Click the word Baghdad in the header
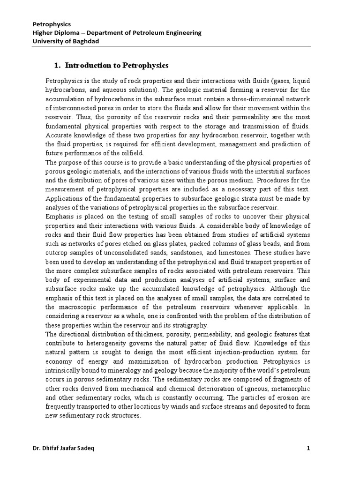(85, 41)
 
